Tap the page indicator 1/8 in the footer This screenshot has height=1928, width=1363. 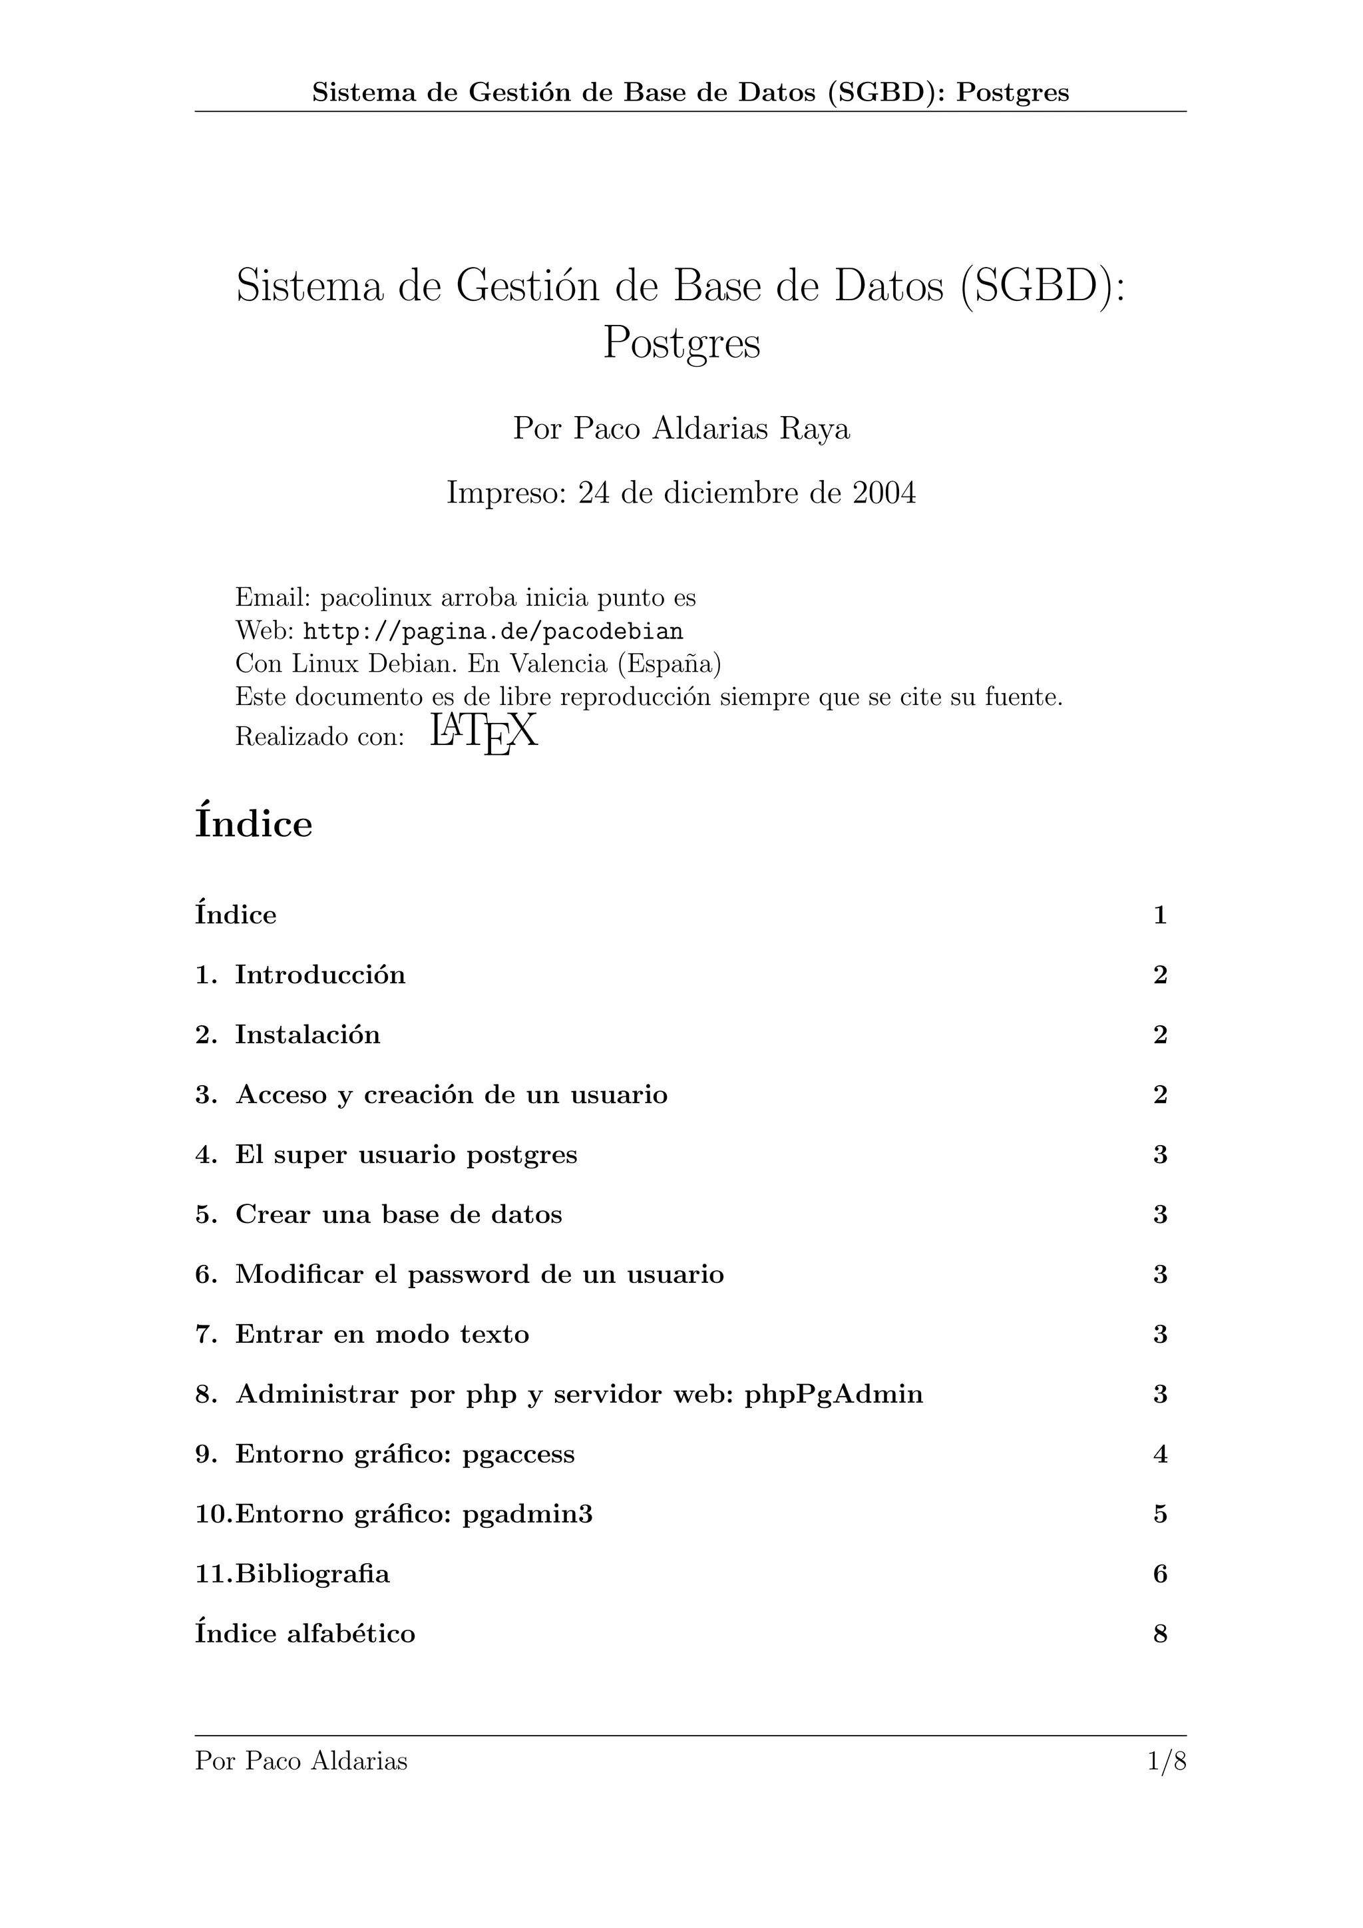pos(1166,1761)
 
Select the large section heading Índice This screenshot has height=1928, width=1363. pos(254,823)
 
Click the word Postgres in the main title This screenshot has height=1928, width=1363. pos(681,343)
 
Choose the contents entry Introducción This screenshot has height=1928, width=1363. pos(319,975)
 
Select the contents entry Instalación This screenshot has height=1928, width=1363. pos(307,1035)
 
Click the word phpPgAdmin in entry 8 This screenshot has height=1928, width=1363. pos(833,1394)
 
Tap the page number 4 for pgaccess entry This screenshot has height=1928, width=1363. pos(1160,1455)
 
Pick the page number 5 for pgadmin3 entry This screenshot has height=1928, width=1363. pos(1160,1514)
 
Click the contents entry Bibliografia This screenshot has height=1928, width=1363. pos(312,1574)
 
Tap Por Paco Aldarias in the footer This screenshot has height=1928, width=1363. pos(301,1761)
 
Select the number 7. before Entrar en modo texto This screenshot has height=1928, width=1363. pos(206,1334)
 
